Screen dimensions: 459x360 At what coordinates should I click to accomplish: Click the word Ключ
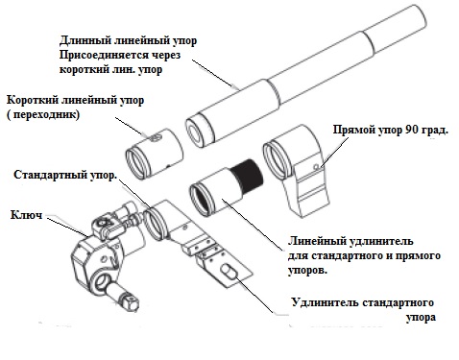coord(26,215)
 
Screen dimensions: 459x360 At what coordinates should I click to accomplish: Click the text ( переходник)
coord(43,114)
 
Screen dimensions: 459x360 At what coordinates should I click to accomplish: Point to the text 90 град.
coord(426,130)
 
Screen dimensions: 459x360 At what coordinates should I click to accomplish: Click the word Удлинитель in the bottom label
coord(325,302)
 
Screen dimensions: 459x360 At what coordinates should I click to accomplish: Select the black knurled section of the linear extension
coord(247,176)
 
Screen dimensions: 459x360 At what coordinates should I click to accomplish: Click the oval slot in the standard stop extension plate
coord(229,272)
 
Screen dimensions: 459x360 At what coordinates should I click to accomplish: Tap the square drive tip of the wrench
coord(130,302)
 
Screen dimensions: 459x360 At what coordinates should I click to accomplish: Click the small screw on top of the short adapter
coord(155,138)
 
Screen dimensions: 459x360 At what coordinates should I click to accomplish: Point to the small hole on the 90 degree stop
coord(316,167)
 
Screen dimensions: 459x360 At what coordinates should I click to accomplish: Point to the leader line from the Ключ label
coord(67,227)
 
